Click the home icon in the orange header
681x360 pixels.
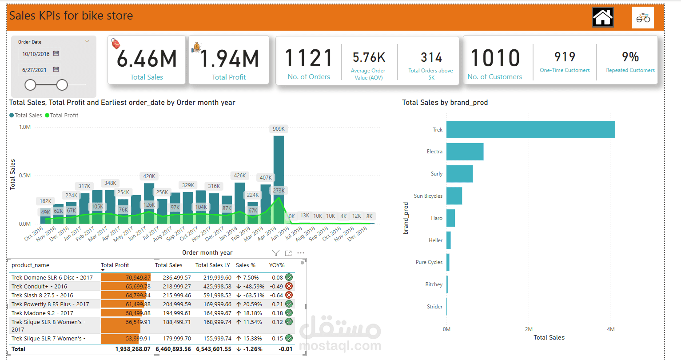tap(602, 18)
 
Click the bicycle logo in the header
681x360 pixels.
tap(643, 18)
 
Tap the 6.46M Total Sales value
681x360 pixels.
tap(147, 59)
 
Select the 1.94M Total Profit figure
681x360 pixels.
tap(229, 59)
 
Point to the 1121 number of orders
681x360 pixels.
tap(309, 58)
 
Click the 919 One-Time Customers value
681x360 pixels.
tap(565, 57)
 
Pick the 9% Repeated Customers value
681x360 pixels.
tap(630, 57)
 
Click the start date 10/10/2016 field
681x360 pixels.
tap(36, 54)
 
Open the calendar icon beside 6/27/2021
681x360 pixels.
tap(56, 69)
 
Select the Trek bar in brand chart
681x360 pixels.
tap(530, 129)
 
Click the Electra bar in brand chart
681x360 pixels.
tap(465, 152)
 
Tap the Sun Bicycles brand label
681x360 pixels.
tap(428, 196)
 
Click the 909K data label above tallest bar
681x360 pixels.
tap(279, 129)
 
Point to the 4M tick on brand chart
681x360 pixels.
tap(610, 329)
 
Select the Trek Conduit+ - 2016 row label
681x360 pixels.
tap(39, 287)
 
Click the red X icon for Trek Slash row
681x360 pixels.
tap(289, 295)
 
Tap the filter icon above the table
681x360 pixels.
tap(276, 253)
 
